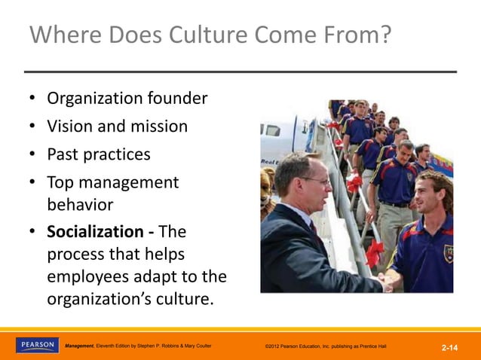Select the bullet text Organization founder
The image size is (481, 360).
(127, 99)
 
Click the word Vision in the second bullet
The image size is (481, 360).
(69, 127)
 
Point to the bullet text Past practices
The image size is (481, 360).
(98, 154)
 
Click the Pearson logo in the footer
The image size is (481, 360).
(36, 345)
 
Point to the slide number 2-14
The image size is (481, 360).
(450, 347)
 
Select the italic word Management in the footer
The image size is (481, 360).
(79, 346)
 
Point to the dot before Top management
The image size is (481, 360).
(33, 183)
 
